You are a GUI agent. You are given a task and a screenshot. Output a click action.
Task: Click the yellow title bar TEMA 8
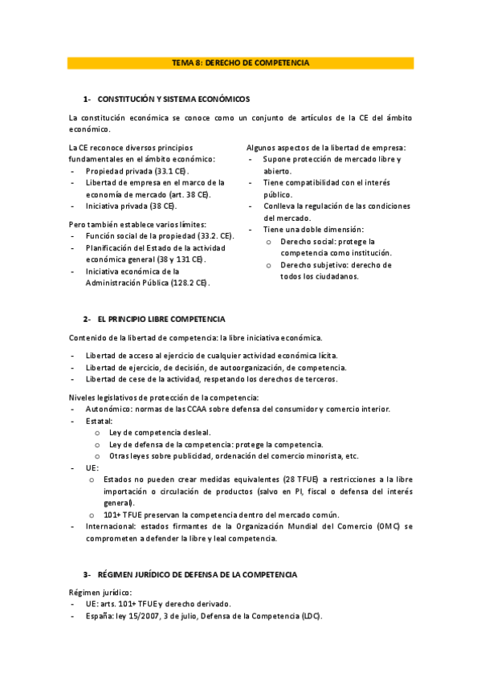240,63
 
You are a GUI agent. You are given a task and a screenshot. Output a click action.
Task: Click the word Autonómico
108,409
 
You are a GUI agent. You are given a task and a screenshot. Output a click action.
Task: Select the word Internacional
110,526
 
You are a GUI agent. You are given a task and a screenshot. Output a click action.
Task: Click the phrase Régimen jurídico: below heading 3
96,592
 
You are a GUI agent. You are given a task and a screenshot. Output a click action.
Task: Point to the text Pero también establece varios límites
138,223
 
